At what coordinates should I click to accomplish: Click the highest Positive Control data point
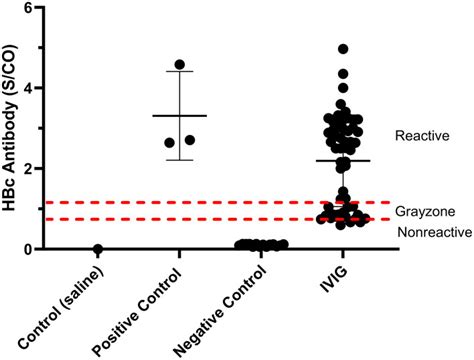pyautogui.click(x=180, y=65)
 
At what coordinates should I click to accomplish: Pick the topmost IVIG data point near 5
pyautogui.click(x=343, y=49)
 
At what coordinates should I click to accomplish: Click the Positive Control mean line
pyautogui.click(x=180, y=116)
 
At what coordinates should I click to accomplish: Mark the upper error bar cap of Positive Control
pyautogui.click(x=180, y=72)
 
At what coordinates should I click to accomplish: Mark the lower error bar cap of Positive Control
pyautogui.click(x=180, y=160)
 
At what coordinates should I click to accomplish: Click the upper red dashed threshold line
pyautogui.click(x=200, y=202)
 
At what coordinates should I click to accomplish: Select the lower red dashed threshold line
pyautogui.click(x=200, y=219)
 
